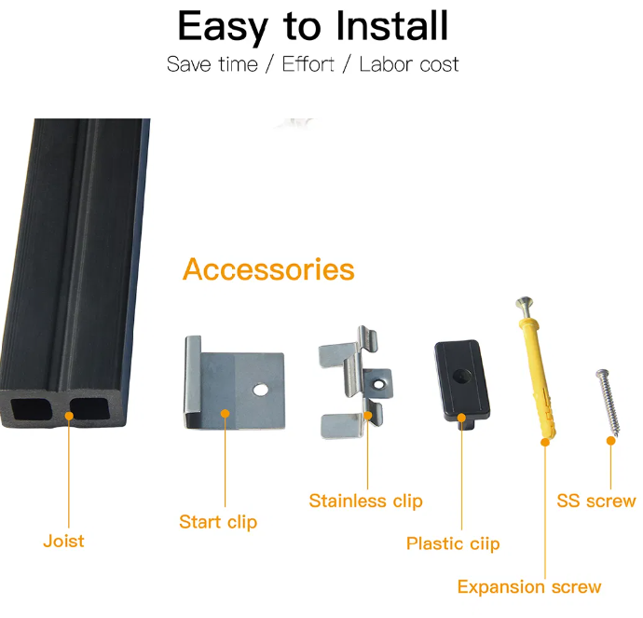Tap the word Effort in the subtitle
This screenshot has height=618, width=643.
[308, 65]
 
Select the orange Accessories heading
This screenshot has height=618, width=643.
[268, 269]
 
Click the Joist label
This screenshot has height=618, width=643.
[63, 541]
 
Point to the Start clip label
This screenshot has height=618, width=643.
[218, 522]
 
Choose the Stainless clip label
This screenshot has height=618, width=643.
[365, 501]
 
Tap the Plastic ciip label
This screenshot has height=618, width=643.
[453, 543]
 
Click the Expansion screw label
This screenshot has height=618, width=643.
[528, 587]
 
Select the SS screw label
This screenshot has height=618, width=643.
[595, 501]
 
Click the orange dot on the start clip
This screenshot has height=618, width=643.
[225, 411]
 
